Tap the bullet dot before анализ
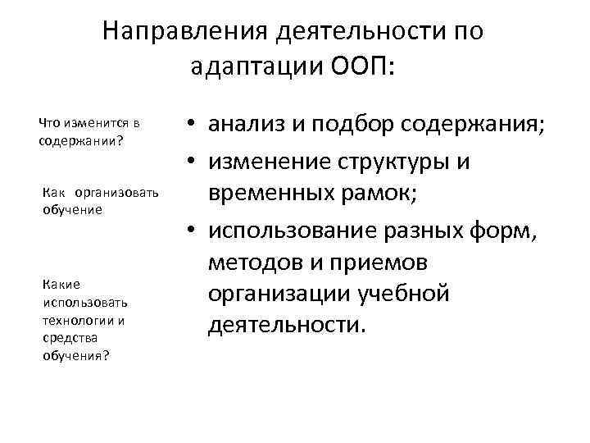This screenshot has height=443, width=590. coord(189,126)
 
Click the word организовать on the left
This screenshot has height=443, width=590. coord(111,194)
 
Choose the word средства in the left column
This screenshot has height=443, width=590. coord(61,337)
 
